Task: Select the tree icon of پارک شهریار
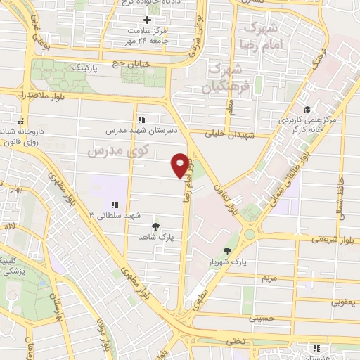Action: (227, 251)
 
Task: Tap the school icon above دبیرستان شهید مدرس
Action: (141, 120)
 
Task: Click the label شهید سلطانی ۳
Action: (115, 214)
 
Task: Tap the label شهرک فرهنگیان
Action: (226, 79)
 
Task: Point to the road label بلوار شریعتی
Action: (336, 239)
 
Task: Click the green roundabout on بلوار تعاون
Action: (250, 233)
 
